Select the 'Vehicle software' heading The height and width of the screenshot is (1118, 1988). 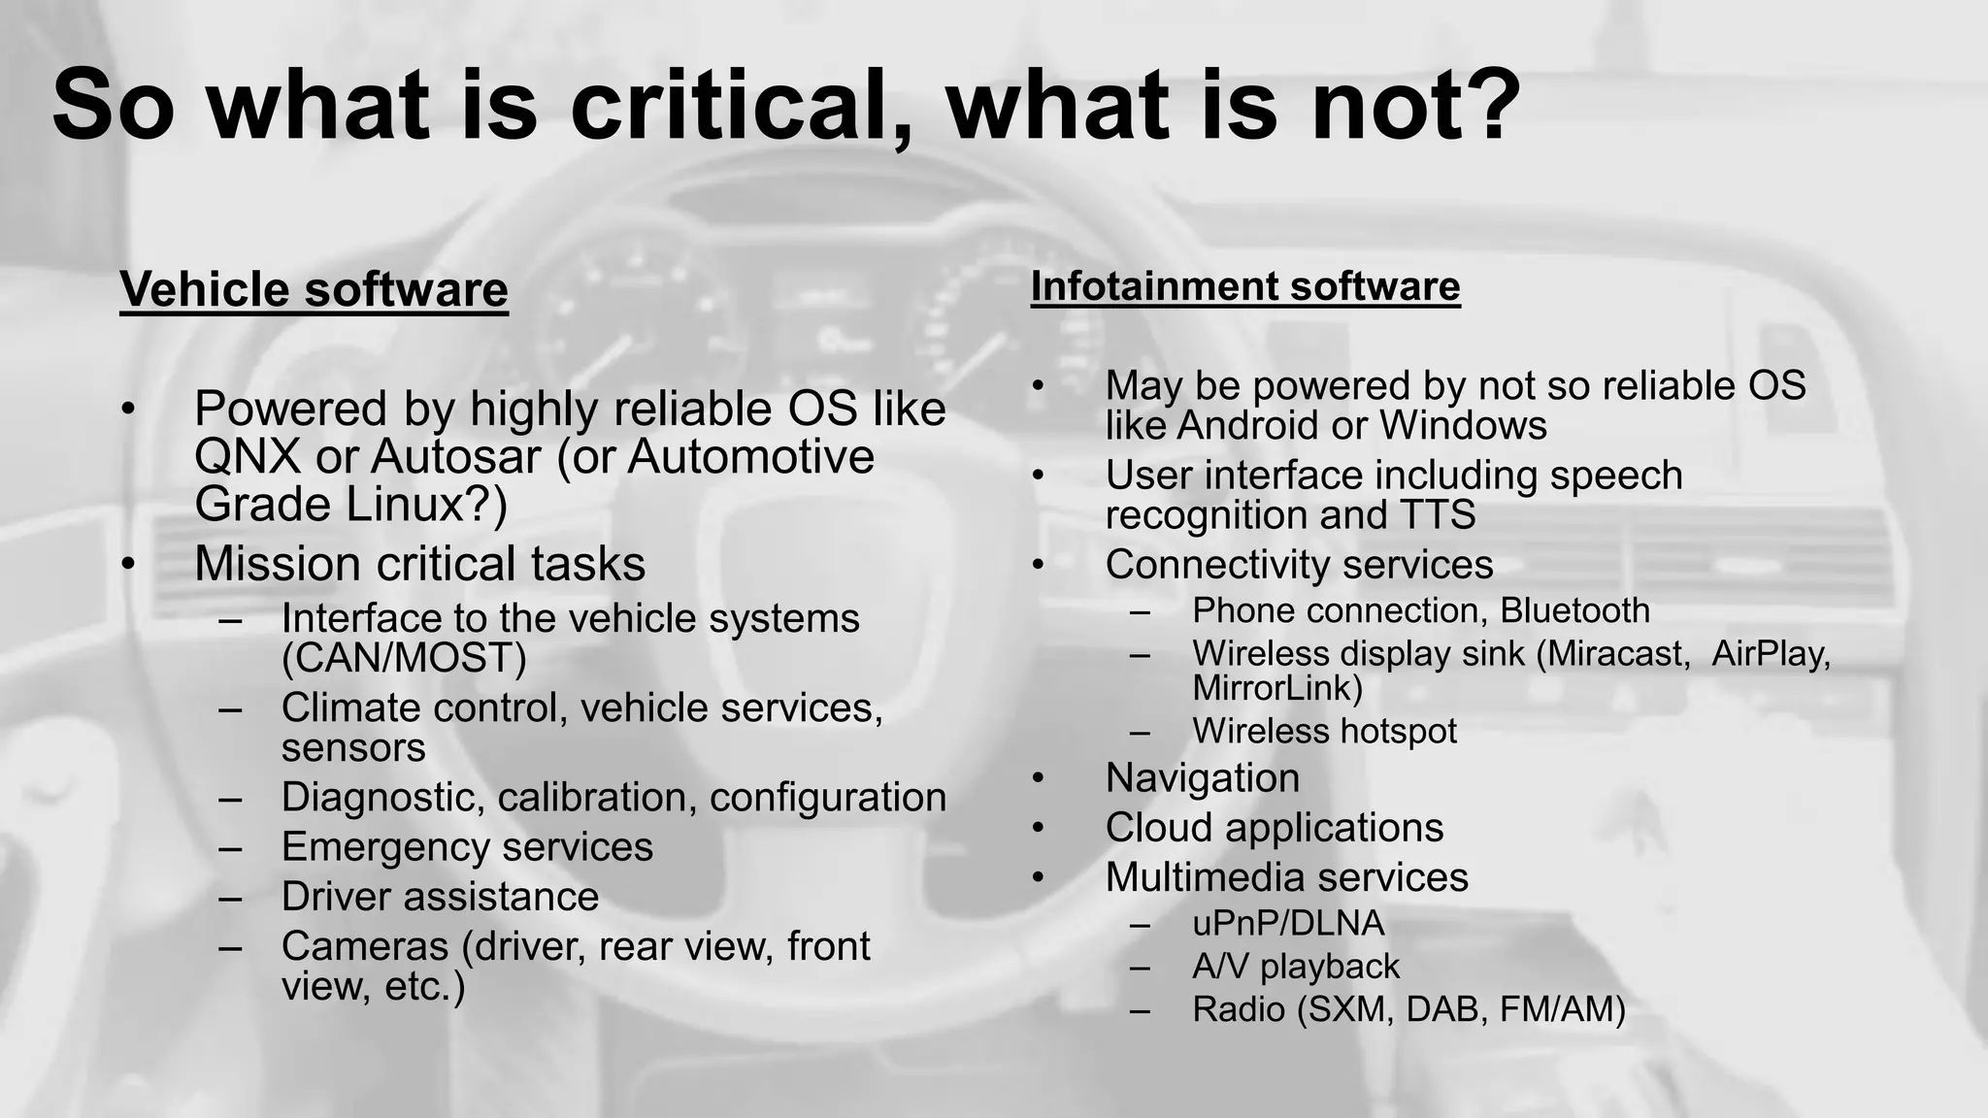tap(314, 289)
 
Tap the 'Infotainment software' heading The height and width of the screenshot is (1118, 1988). tap(1245, 286)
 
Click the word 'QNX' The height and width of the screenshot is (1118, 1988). tap(248, 456)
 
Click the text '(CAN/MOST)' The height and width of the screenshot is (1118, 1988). tap(404, 658)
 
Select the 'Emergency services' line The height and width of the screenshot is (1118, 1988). tap(467, 846)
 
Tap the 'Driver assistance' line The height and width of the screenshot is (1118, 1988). tap(440, 896)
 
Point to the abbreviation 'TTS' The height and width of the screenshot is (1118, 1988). tap(1437, 514)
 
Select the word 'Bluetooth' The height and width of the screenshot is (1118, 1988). tap(1574, 610)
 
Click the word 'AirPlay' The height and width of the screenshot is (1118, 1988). tap(1771, 653)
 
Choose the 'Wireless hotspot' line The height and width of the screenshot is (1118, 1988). tap(1324, 731)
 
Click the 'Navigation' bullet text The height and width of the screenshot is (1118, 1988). tap(1202, 777)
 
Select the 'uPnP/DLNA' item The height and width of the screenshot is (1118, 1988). tap(1288, 923)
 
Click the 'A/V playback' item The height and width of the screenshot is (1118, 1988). tap(1296, 966)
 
